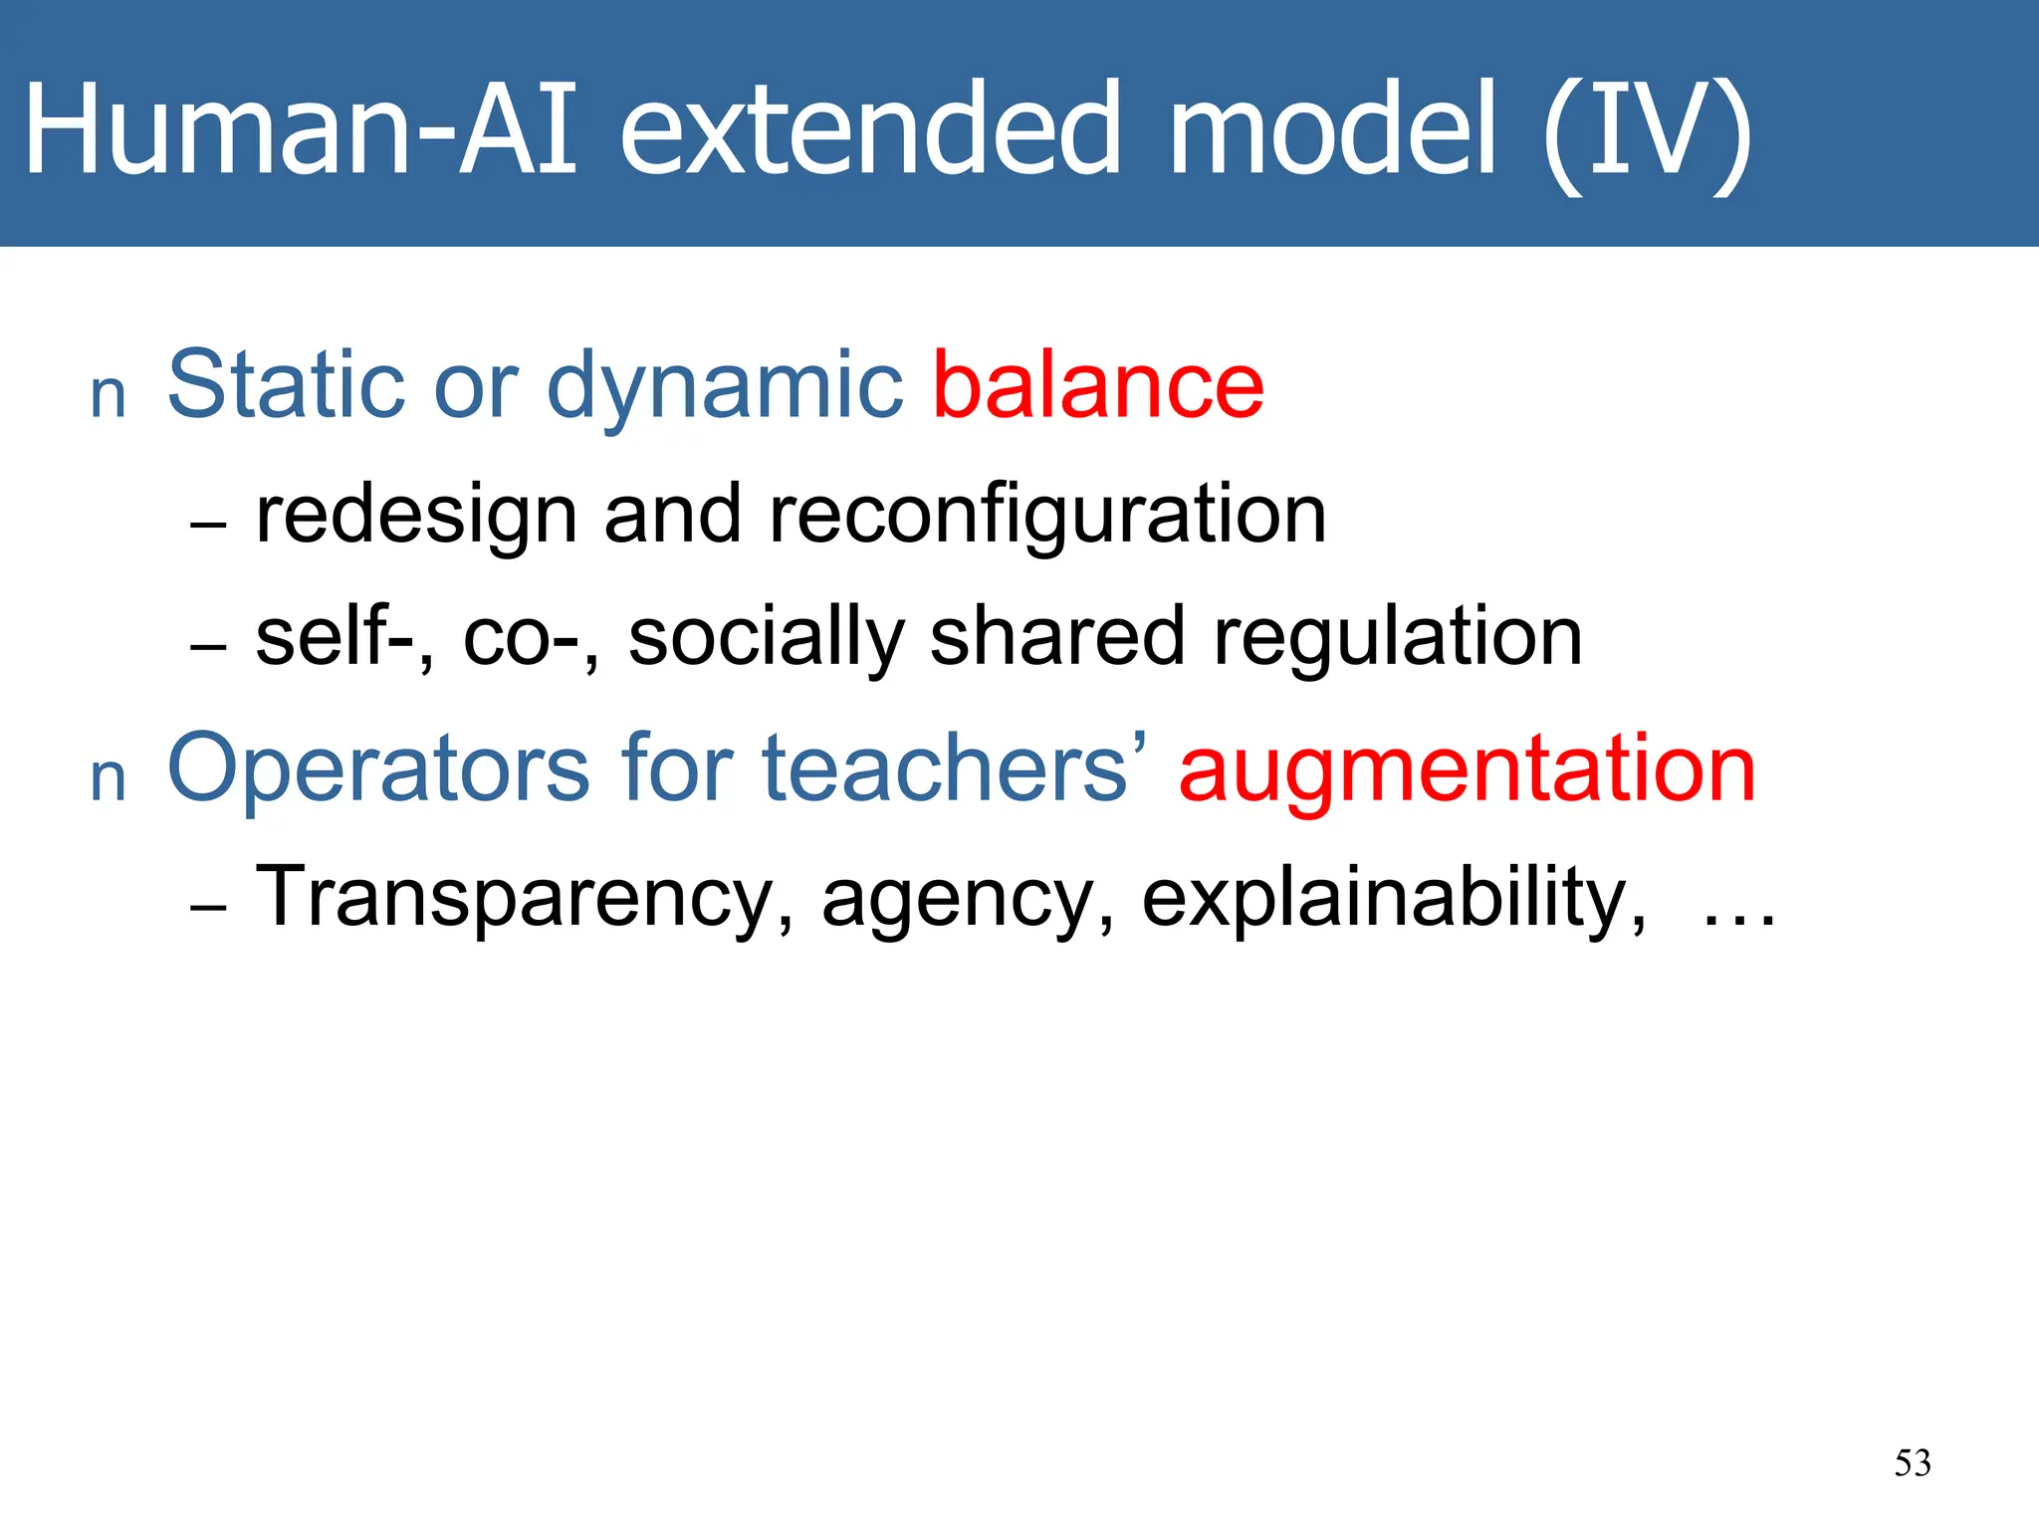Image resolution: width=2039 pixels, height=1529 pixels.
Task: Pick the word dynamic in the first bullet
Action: click(x=725, y=388)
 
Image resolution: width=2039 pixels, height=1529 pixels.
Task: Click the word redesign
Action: click(x=417, y=516)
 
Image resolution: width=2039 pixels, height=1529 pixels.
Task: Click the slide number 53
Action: click(x=1913, y=1463)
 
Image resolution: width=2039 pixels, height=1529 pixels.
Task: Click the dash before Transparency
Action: click(x=208, y=908)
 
